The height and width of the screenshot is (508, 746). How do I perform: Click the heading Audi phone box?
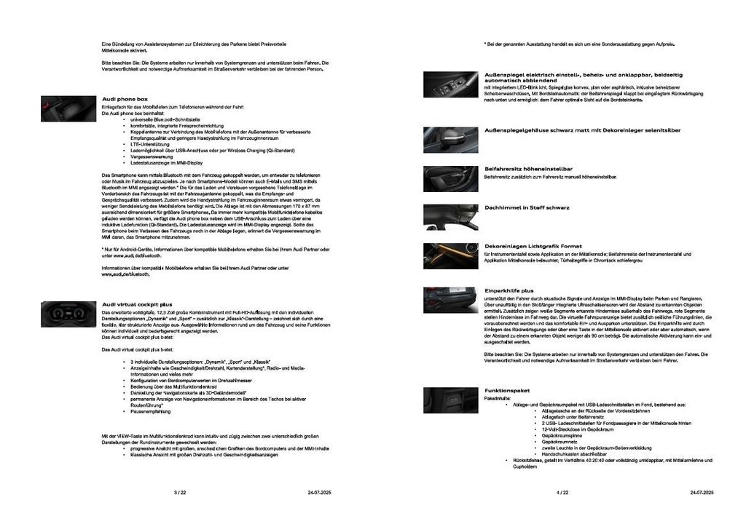point(125,98)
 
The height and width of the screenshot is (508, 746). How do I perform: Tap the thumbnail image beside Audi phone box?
point(68,108)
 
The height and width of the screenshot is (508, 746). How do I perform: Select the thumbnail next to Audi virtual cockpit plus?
point(68,314)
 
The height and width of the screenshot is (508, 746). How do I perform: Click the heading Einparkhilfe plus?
point(509,290)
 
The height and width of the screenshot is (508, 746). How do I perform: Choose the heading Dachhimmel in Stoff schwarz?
point(527,207)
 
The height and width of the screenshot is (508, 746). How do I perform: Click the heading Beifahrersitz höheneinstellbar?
point(528,168)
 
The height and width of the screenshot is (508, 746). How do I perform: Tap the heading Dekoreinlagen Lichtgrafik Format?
point(533,246)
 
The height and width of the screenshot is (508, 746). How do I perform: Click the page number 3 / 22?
point(180,493)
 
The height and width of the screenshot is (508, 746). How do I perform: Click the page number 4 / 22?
point(562,493)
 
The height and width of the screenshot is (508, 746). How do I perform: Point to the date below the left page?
point(319,493)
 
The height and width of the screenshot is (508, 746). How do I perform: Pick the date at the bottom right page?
point(702,493)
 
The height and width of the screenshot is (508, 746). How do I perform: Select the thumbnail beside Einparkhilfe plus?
point(451,300)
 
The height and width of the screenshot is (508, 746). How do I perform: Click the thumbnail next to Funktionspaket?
point(451,400)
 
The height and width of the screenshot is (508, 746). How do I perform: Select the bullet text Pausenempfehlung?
point(151,411)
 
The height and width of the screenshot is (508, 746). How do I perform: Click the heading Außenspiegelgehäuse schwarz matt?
point(582,130)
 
